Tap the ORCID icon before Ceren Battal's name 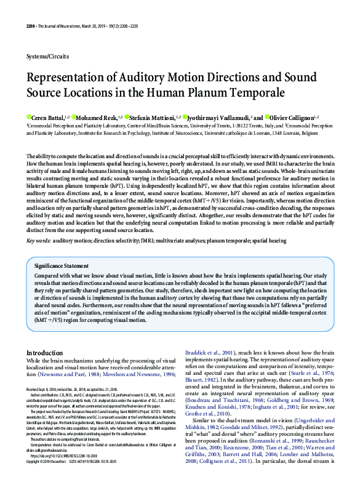pos(28,116)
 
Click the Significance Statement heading pos(62,265)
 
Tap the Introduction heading pos(44,352)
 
